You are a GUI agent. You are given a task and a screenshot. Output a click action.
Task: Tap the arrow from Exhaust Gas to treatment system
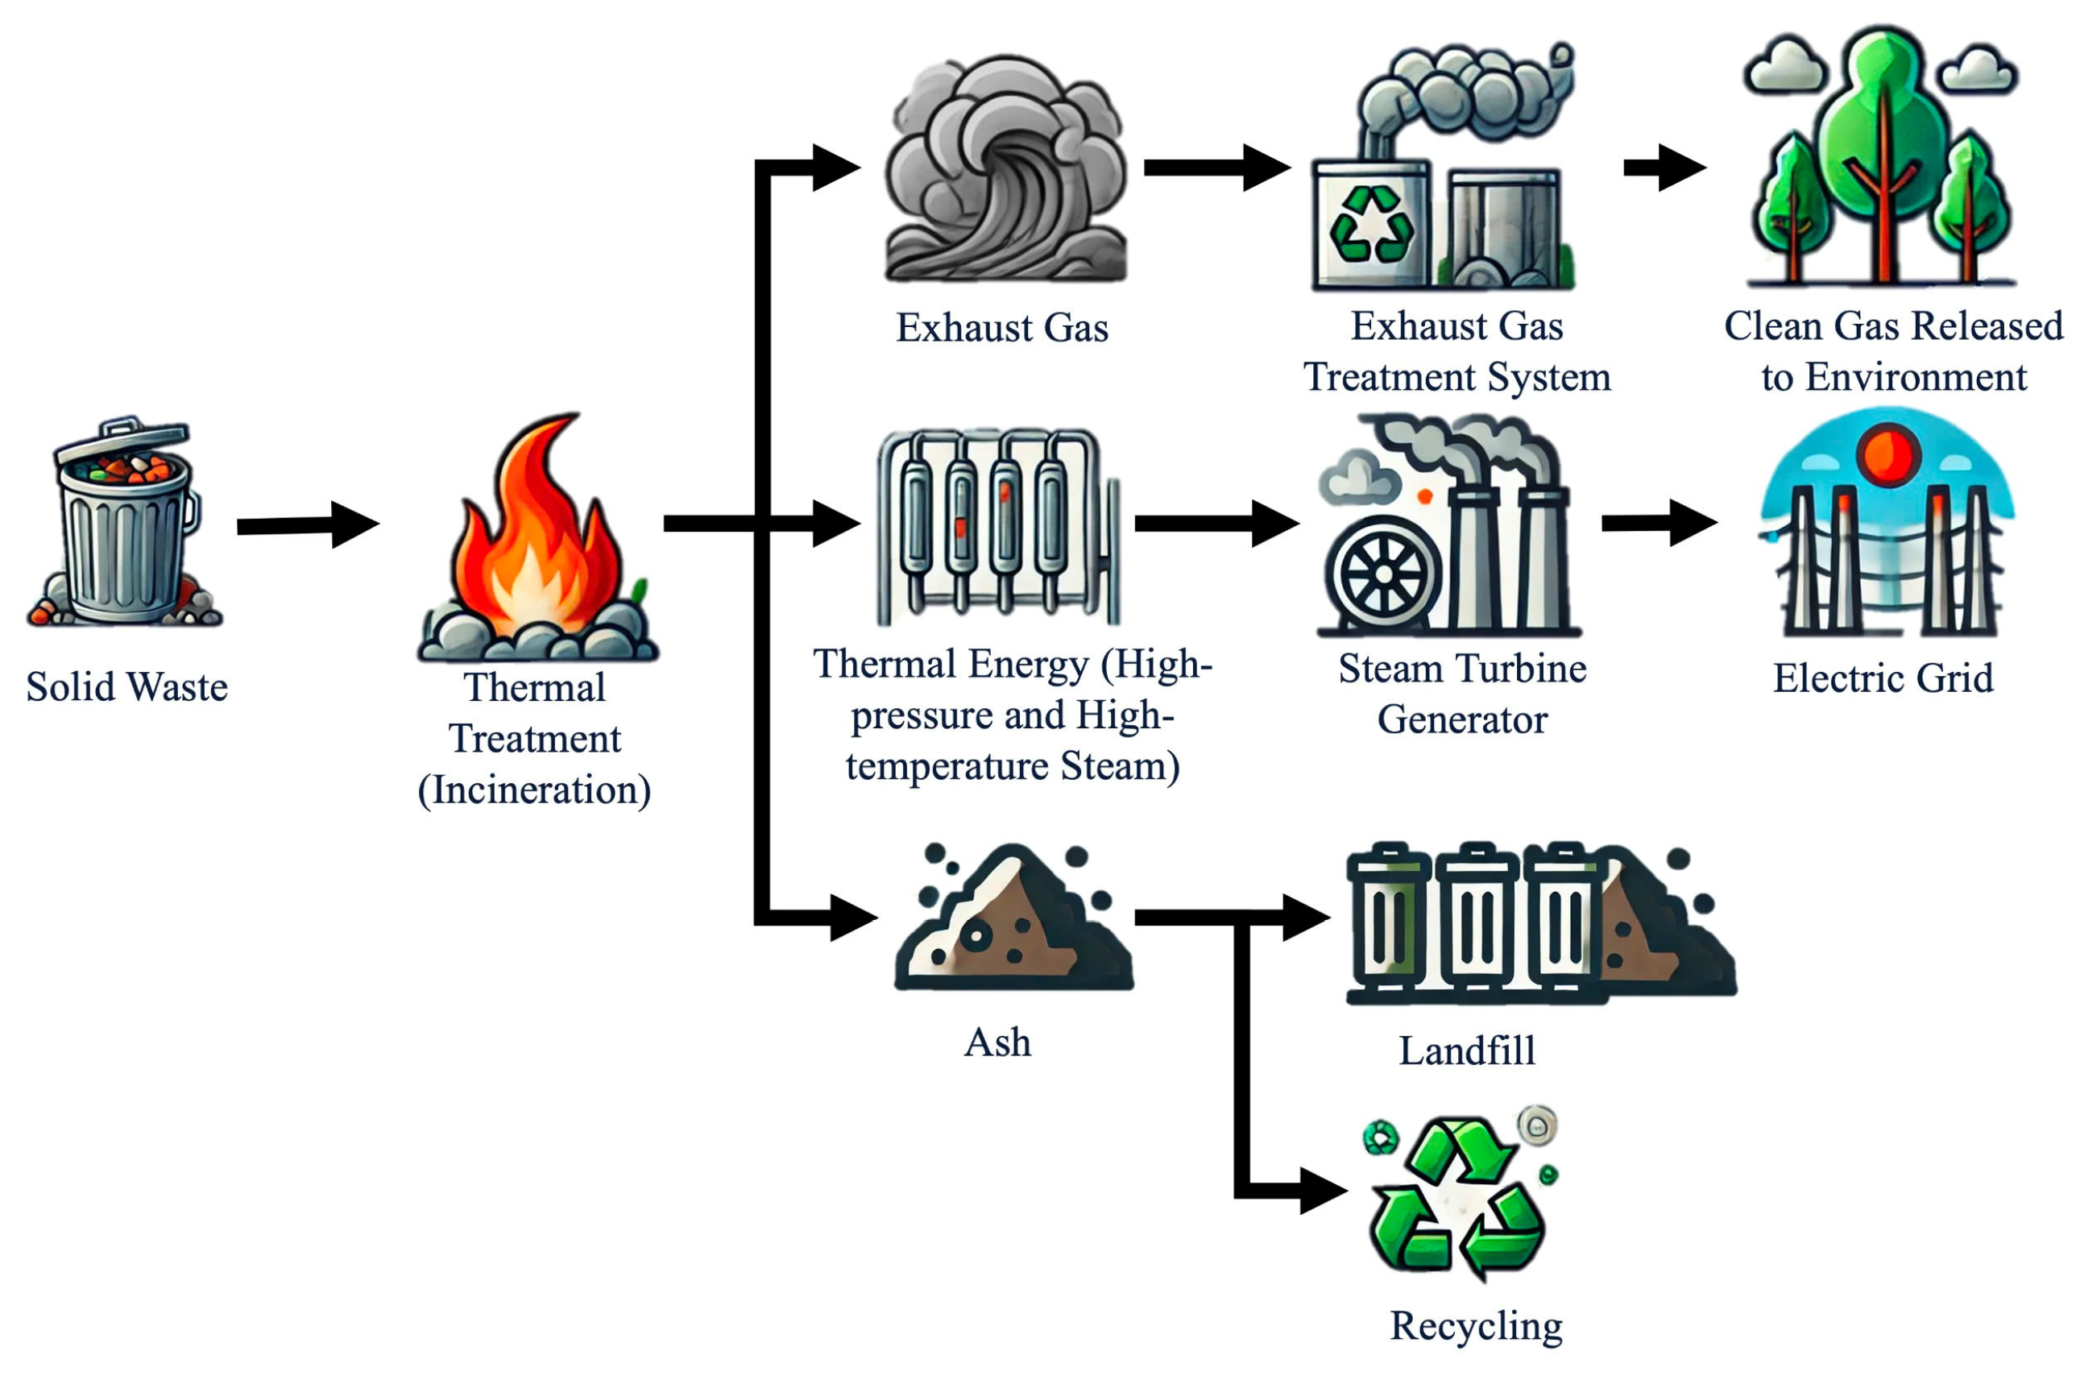point(1214,168)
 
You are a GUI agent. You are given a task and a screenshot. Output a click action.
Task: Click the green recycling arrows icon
point(1456,1197)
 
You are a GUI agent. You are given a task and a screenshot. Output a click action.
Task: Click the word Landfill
point(1466,1050)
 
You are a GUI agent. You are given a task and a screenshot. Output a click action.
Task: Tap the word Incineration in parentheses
point(534,789)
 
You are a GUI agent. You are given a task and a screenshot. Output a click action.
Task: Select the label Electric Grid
point(1882,678)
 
